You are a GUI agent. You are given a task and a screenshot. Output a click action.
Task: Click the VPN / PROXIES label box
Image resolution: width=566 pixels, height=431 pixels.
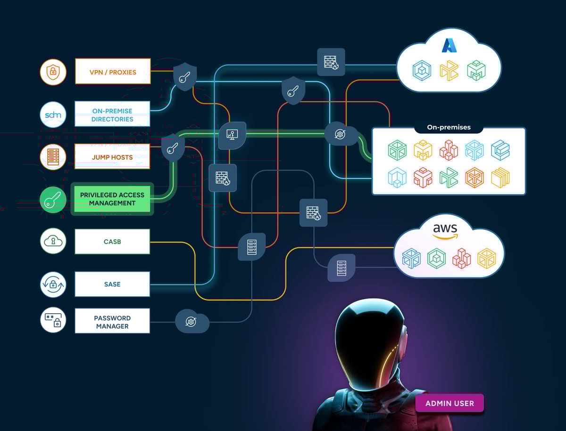(113, 72)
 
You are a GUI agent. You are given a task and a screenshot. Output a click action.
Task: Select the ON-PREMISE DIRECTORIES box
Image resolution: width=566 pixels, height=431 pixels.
(113, 114)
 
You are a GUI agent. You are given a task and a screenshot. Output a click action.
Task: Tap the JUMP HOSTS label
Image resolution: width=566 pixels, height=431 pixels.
(113, 157)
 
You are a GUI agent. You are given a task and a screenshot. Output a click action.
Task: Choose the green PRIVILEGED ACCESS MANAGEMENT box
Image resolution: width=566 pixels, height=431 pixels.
(112, 199)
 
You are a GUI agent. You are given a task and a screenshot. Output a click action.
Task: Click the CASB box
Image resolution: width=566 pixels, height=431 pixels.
(113, 242)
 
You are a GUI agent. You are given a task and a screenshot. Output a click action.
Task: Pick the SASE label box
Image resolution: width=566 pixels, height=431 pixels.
(113, 284)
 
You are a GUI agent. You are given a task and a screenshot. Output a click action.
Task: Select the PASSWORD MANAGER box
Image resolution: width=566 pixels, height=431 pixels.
(113, 322)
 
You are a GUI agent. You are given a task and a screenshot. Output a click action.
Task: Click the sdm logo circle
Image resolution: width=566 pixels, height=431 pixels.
(53, 114)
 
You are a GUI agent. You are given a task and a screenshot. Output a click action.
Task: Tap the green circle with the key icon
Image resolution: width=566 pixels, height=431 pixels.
(53, 200)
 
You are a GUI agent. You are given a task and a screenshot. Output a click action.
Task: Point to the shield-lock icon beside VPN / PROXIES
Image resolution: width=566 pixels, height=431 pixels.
(53, 72)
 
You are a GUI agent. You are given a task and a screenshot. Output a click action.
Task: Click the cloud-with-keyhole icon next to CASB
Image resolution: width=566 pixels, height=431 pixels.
(53, 242)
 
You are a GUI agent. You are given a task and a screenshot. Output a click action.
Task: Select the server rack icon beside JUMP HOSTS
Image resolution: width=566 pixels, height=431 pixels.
(53, 157)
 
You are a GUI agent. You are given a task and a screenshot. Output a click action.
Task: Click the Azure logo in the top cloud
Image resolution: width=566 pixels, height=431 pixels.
(449, 45)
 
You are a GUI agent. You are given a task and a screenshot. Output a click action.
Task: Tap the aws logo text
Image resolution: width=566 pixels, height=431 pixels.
(445, 230)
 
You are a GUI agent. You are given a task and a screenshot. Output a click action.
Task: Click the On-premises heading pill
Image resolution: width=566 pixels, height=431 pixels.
(449, 127)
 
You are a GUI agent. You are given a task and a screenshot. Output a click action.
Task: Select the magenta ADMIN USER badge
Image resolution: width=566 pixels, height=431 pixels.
(449, 403)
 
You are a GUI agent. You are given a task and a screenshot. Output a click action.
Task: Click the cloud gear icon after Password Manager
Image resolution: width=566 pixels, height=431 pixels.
(191, 322)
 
